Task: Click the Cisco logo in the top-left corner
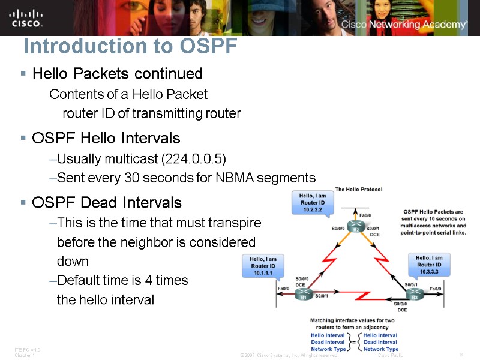pos(26,17)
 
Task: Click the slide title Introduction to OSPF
pos(130,46)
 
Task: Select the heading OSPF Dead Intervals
pos(106,202)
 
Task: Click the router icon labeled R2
pos(356,229)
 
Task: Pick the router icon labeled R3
pos(413,295)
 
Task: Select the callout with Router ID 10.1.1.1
pos(262,265)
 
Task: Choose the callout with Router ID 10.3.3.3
pos(430,265)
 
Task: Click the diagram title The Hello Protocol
pos(358,190)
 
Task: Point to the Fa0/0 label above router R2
pos(364,215)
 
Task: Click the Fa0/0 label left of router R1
pos(284,289)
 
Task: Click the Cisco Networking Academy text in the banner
pos(404,25)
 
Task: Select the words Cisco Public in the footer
pos(391,355)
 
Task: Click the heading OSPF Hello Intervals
pos(106,139)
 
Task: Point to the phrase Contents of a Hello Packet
pos(128,94)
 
